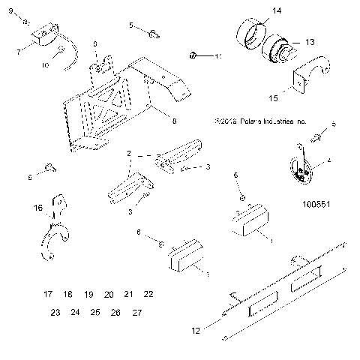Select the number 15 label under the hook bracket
coord(273,97)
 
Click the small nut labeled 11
coord(193,55)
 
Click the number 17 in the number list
coord(48,294)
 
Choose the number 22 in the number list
coord(148,294)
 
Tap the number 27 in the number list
coord(135,311)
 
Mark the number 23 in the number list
coord(55,311)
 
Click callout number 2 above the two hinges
coord(130,153)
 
